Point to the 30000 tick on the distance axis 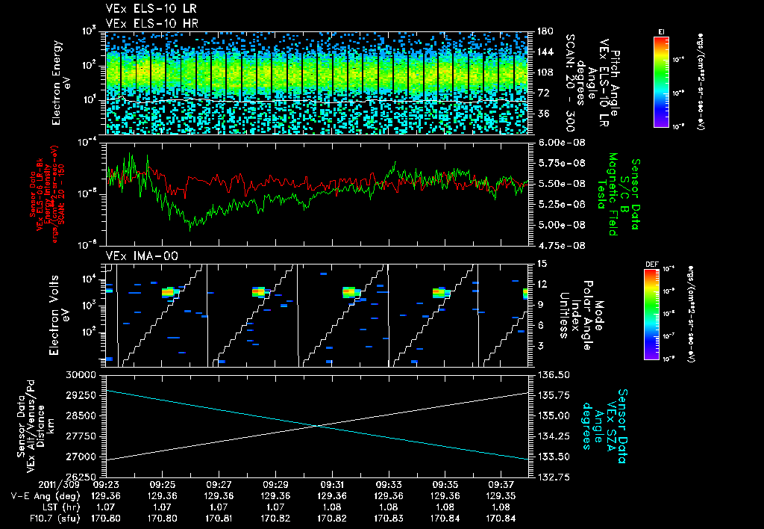(84, 374)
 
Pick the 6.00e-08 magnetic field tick (557, 142)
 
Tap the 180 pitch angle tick (543, 31)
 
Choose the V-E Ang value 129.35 (499, 495)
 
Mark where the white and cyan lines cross (319, 425)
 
